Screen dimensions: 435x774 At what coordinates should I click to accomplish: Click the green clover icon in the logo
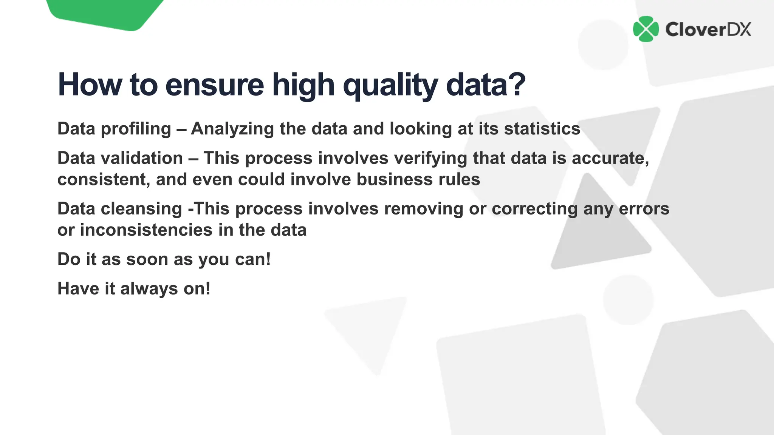coord(646,29)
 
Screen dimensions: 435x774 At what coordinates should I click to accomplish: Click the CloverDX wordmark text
coord(708,29)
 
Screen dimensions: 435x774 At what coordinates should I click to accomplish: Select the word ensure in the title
coord(214,85)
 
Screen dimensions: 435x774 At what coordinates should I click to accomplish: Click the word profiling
coord(136,129)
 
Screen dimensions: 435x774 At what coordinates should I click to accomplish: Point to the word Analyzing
coord(232,129)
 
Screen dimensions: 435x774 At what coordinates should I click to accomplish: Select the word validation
coord(142,158)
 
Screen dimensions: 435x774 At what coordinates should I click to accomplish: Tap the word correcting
coord(534,209)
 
